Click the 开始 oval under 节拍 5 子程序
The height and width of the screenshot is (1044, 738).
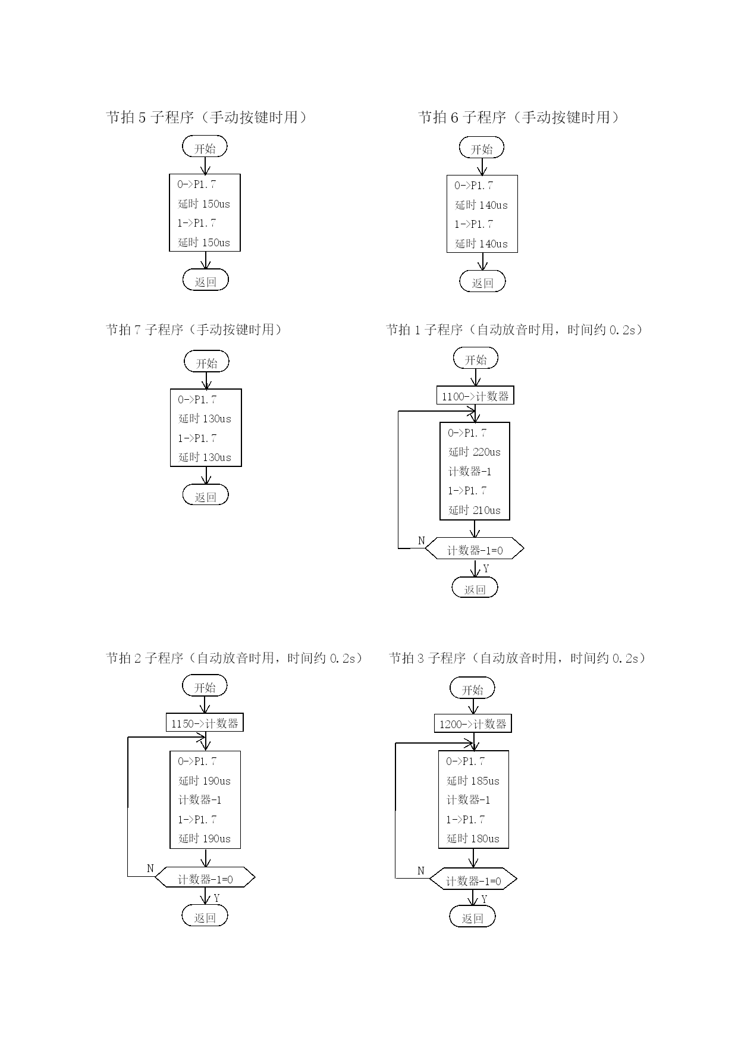click(205, 148)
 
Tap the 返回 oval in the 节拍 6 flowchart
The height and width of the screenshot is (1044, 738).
click(482, 282)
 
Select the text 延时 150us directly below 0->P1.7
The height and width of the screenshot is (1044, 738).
click(204, 204)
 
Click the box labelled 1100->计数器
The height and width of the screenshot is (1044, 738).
click(475, 396)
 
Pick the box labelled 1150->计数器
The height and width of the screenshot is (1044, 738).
click(205, 723)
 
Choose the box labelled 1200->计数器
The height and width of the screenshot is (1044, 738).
click(473, 724)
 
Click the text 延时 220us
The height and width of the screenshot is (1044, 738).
click(475, 452)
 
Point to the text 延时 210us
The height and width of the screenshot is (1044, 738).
click(475, 510)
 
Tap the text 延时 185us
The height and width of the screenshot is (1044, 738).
click(473, 781)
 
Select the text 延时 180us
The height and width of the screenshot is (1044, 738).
click(473, 839)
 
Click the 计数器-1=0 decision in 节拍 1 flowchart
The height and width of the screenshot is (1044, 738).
click(475, 549)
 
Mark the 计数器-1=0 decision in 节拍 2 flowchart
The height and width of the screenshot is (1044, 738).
click(205, 879)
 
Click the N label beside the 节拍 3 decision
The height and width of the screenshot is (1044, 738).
click(421, 871)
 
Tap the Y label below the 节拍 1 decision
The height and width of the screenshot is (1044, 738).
click(486, 569)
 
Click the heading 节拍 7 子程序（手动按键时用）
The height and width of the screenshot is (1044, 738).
click(194, 330)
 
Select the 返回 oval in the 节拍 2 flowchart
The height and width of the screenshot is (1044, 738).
click(205, 917)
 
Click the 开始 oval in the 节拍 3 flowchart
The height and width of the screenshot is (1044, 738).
click(473, 689)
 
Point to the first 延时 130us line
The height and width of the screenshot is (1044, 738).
click(205, 419)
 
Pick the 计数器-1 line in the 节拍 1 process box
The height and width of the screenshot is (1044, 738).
click(470, 472)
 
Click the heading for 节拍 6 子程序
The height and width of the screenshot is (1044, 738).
click(519, 117)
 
